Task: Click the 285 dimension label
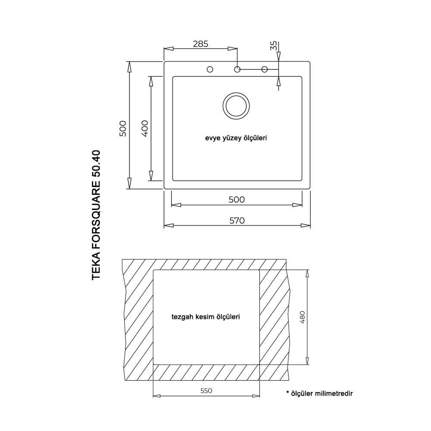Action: coord(200,44)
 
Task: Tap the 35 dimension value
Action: coord(274,46)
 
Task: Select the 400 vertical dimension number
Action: coord(145,128)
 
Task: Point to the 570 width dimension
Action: coord(237,220)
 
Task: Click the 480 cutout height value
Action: coord(302,317)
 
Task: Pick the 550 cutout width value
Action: coord(206,390)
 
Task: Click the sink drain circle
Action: coord(236,106)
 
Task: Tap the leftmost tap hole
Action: coord(210,69)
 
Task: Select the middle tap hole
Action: coord(237,69)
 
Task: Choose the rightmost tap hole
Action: coord(265,69)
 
